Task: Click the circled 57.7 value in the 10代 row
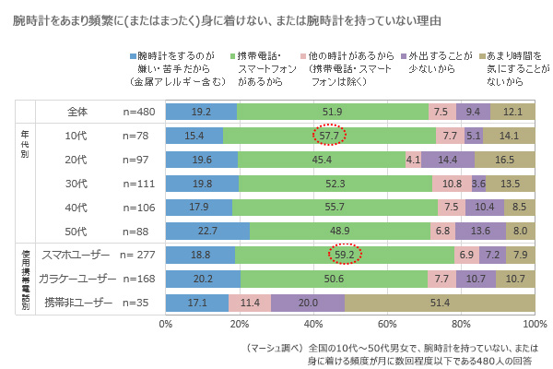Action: pos(328,135)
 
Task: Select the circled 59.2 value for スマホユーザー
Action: pos(346,255)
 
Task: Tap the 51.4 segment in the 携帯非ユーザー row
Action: pos(440,303)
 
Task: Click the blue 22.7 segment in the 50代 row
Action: pos(207,231)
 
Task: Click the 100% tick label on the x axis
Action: pos(535,324)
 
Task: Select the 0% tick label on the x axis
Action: pos(166,324)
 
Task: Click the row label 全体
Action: pos(77,112)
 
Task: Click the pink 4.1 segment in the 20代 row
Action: pos(413,159)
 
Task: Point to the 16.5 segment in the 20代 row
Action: pos(504,159)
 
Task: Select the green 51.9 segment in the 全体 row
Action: pos(333,112)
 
